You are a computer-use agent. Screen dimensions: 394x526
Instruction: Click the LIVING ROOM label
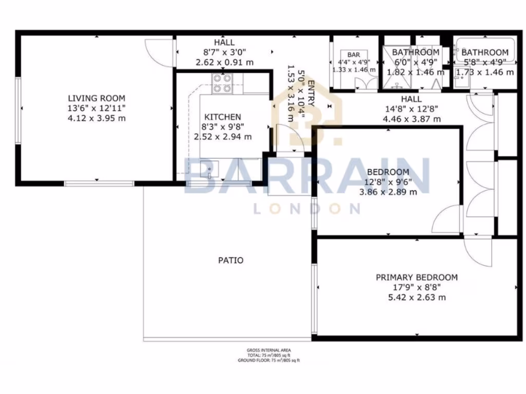[97, 98]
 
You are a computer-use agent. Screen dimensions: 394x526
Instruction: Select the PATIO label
[231, 260]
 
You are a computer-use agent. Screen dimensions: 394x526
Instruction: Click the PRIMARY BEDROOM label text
[417, 278]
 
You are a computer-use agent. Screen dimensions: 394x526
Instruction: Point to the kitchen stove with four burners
[222, 83]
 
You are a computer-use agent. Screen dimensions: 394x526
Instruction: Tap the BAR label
[353, 55]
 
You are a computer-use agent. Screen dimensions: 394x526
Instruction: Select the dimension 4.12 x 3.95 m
[97, 118]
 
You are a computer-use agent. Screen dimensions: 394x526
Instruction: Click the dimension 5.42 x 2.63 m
[417, 297]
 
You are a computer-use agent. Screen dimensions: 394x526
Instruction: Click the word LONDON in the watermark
[307, 208]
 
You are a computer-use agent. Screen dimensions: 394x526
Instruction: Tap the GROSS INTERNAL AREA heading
[268, 350]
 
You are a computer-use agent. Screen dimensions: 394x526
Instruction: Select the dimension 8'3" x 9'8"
[222, 127]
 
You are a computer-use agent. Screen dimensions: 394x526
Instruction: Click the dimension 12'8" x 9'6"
[388, 182]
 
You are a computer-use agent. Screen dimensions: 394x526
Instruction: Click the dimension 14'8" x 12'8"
[411, 109]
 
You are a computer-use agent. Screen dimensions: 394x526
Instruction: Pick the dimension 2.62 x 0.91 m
[224, 62]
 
